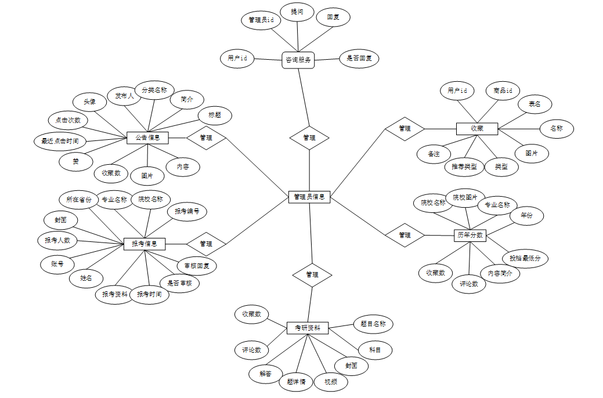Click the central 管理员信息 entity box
[x=309, y=197]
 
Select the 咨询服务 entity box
[x=298, y=59]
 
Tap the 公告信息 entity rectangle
[x=147, y=138]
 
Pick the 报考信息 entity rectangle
[x=145, y=244]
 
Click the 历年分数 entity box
[x=470, y=235]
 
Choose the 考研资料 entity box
[x=308, y=328]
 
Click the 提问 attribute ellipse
[x=297, y=12]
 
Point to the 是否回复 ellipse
[x=359, y=58]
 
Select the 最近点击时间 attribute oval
[x=60, y=141]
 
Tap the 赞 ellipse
[x=75, y=161]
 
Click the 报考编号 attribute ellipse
[x=187, y=212]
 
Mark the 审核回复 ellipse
[x=197, y=266]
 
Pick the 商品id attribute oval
[x=503, y=91]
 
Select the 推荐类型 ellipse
[x=464, y=167]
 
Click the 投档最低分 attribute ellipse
[x=525, y=258]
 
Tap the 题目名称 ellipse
[x=373, y=324]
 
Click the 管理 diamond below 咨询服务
[x=309, y=138]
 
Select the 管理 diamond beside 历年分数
[x=405, y=235]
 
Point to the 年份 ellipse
[x=526, y=215]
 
